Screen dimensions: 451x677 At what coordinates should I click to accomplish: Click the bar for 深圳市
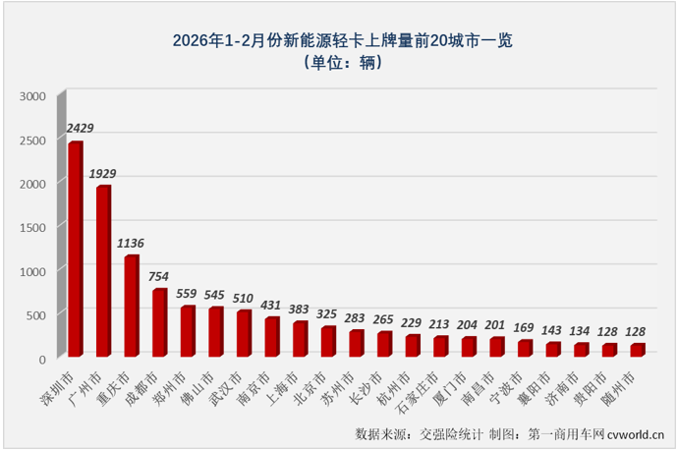point(76,249)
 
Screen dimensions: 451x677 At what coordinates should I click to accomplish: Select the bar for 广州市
point(103,270)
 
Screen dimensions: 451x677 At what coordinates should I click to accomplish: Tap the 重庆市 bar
point(131,306)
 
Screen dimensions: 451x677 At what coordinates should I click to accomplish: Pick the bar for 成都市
point(159,322)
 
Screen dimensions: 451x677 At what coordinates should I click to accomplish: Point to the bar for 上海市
point(300,338)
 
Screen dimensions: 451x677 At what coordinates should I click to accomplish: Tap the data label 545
point(216,295)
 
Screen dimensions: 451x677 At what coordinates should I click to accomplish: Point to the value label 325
point(328,314)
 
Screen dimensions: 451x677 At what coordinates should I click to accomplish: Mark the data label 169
point(526,328)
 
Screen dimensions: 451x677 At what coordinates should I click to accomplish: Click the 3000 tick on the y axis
point(32,96)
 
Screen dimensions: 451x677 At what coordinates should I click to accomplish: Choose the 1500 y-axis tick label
point(32,227)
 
